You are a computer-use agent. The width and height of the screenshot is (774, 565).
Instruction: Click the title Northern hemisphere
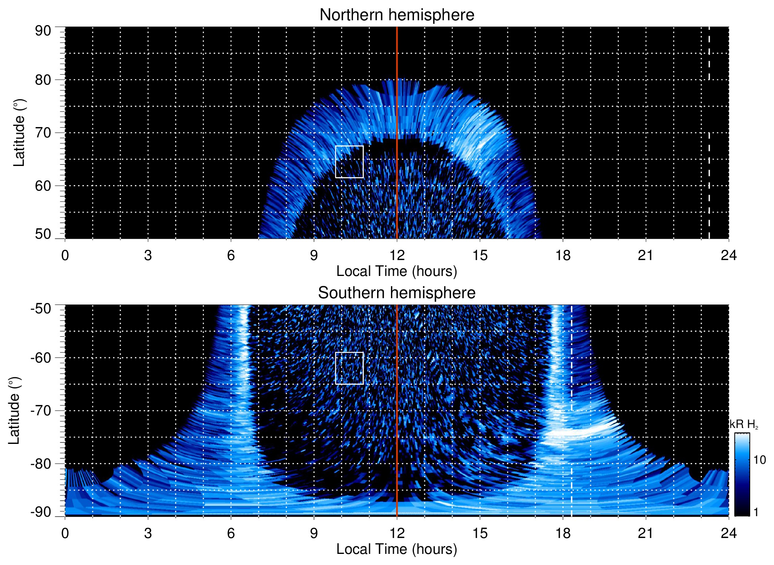click(x=397, y=15)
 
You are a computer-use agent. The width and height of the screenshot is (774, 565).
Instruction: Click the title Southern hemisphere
click(x=397, y=293)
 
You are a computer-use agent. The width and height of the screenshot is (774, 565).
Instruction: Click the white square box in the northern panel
click(x=349, y=162)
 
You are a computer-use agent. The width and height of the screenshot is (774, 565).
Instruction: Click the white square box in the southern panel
click(x=349, y=368)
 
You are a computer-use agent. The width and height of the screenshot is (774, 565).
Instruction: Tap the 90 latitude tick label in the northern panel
click(x=43, y=31)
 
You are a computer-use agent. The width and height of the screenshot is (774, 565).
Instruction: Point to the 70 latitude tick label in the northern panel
click(x=43, y=133)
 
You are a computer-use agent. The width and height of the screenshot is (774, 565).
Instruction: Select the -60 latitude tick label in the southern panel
click(x=41, y=358)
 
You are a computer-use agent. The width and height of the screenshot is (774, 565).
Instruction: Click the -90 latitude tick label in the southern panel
click(x=41, y=512)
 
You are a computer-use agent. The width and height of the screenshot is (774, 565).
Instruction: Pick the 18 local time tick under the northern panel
click(x=562, y=255)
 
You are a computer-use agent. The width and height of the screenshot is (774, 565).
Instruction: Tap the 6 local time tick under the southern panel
click(x=231, y=533)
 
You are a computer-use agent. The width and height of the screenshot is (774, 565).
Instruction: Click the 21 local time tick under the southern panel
click(x=645, y=533)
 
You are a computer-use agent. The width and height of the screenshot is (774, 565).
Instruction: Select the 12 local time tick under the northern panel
click(x=397, y=255)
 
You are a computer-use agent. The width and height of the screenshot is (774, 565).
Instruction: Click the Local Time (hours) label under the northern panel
click(x=397, y=271)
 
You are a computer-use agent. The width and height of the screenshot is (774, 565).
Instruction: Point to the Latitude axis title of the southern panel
click(x=14, y=411)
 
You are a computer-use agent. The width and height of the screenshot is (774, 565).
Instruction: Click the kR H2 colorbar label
click(x=744, y=424)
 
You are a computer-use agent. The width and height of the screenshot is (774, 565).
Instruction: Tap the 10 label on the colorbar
click(x=759, y=460)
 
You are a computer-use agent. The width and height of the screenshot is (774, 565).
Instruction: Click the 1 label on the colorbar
click(x=756, y=512)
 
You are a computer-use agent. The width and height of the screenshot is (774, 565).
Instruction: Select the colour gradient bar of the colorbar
click(x=741, y=474)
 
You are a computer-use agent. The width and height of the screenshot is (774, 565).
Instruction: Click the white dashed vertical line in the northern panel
click(x=709, y=119)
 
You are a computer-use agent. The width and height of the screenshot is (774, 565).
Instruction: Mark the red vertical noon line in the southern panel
click(x=397, y=409)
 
